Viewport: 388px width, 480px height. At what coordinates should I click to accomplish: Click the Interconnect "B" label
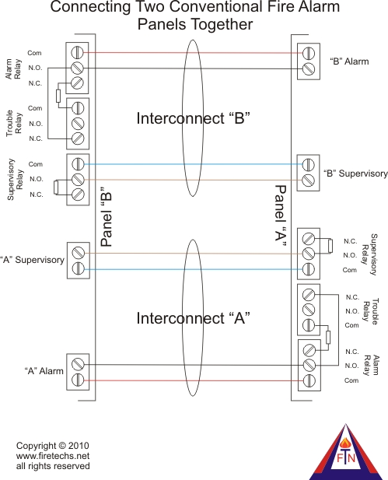tap(193, 118)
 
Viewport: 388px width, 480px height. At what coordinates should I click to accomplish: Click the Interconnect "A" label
tap(193, 318)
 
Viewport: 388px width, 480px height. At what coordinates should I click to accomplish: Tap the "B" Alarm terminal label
tap(349, 61)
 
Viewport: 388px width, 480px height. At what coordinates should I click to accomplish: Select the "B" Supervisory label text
tap(355, 173)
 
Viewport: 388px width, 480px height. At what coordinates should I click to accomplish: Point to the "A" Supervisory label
tap(32, 260)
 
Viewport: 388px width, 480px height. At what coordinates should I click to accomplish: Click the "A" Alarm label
tap(44, 371)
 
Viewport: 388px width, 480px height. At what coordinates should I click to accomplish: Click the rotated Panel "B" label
tap(107, 216)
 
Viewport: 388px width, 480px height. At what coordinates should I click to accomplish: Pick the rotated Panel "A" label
tap(281, 216)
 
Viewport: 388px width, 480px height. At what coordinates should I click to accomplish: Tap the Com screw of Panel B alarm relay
tap(78, 52)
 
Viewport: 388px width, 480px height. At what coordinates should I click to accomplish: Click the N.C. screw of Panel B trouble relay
tap(78, 138)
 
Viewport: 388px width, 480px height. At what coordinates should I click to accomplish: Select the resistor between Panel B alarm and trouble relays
tap(58, 96)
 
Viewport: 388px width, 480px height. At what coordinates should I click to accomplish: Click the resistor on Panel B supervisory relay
tap(55, 187)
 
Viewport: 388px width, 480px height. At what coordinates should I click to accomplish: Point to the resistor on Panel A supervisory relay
tap(330, 246)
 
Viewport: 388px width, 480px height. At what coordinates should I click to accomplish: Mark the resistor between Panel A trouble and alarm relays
tap(328, 338)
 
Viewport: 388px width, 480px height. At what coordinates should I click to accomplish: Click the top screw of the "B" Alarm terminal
tap(309, 53)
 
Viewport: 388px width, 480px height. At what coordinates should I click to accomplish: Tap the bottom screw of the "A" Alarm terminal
tap(78, 380)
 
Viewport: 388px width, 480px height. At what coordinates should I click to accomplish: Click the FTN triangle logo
tap(346, 452)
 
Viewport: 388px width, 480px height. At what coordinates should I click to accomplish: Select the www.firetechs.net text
tap(53, 456)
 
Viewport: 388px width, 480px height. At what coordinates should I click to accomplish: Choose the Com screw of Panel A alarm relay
tap(309, 380)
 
